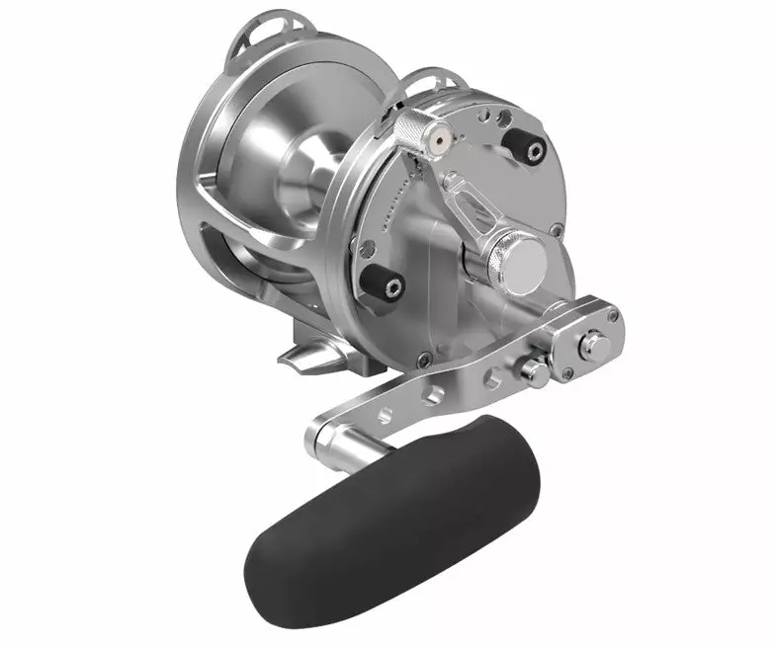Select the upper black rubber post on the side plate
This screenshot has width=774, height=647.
click(x=524, y=145)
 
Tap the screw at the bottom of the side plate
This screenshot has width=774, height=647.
click(x=424, y=360)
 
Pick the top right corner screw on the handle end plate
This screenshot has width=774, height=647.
click(x=614, y=316)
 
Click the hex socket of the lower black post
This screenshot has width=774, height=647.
click(x=393, y=289)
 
